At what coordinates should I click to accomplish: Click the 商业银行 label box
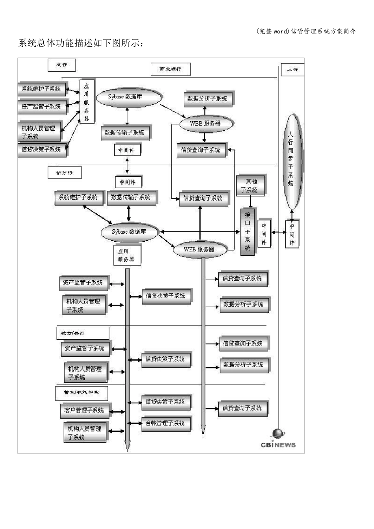tap(170, 69)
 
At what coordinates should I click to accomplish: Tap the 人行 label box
tap(293, 70)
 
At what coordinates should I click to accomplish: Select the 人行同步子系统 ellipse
tap(291, 161)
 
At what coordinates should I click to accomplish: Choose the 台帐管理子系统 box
tap(165, 424)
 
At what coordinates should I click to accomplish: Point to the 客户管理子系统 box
tap(84, 411)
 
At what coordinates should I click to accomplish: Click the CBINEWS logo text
tap(278, 445)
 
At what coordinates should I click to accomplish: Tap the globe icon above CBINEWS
tap(278, 434)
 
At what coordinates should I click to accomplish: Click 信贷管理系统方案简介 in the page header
tap(323, 31)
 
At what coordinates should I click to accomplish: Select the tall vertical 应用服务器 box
tap(87, 102)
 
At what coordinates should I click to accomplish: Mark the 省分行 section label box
tap(65, 172)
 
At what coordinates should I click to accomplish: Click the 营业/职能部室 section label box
tap(81, 392)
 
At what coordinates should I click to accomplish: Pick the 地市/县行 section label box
tap(82, 333)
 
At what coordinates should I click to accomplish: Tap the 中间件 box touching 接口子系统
tap(264, 234)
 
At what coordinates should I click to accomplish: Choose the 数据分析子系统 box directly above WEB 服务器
tap(207, 98)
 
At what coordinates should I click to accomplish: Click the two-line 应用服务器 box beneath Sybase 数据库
tap(126, 255)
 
